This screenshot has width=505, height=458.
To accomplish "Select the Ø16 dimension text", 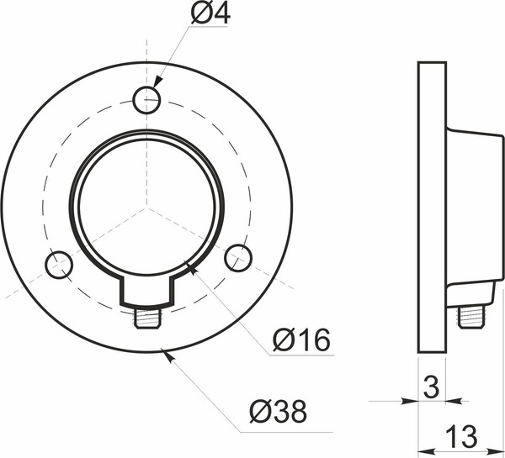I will coord(301,340).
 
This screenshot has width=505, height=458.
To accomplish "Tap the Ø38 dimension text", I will coord(278,412).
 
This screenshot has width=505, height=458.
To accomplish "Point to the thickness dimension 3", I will coord(431,387).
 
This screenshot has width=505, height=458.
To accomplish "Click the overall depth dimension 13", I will coord(461,437).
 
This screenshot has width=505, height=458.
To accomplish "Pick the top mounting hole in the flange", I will coord(146,101).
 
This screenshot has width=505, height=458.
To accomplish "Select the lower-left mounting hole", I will coord(58,265).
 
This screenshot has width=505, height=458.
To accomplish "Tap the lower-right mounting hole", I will coord(238,257).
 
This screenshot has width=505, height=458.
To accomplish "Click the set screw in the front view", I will coord(148,318).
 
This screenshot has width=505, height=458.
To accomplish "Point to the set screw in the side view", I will coord(471,317).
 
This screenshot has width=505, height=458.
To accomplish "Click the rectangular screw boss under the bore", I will coord(148,290).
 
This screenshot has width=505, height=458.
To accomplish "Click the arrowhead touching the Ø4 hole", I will coord(156,87).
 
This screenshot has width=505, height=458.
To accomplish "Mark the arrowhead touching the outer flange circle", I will coord(172,355).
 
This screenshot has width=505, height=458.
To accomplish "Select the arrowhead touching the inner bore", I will coord(192,269).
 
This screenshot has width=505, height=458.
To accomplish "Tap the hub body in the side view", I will coord(472,206).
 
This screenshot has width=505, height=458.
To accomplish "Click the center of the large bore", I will coord(147,206).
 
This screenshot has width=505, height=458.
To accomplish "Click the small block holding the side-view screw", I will coord(470,293).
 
